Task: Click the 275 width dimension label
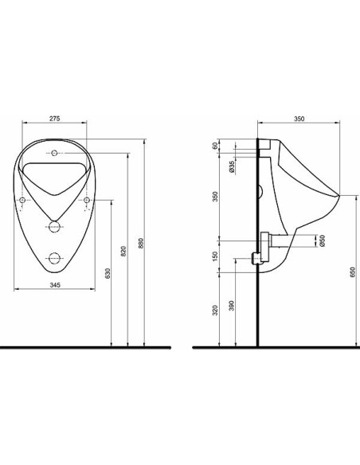pos(55,119)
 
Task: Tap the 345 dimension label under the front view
pos(55,285)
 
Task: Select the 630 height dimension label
pos(108,273)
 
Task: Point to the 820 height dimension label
pos(124,251)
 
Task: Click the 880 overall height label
pos(141,243)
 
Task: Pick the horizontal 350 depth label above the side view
pos(299,119)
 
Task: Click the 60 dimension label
pos(216,145)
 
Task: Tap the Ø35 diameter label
pos(232,166)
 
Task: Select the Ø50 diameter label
pos(323,240)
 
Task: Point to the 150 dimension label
pos(216,256)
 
